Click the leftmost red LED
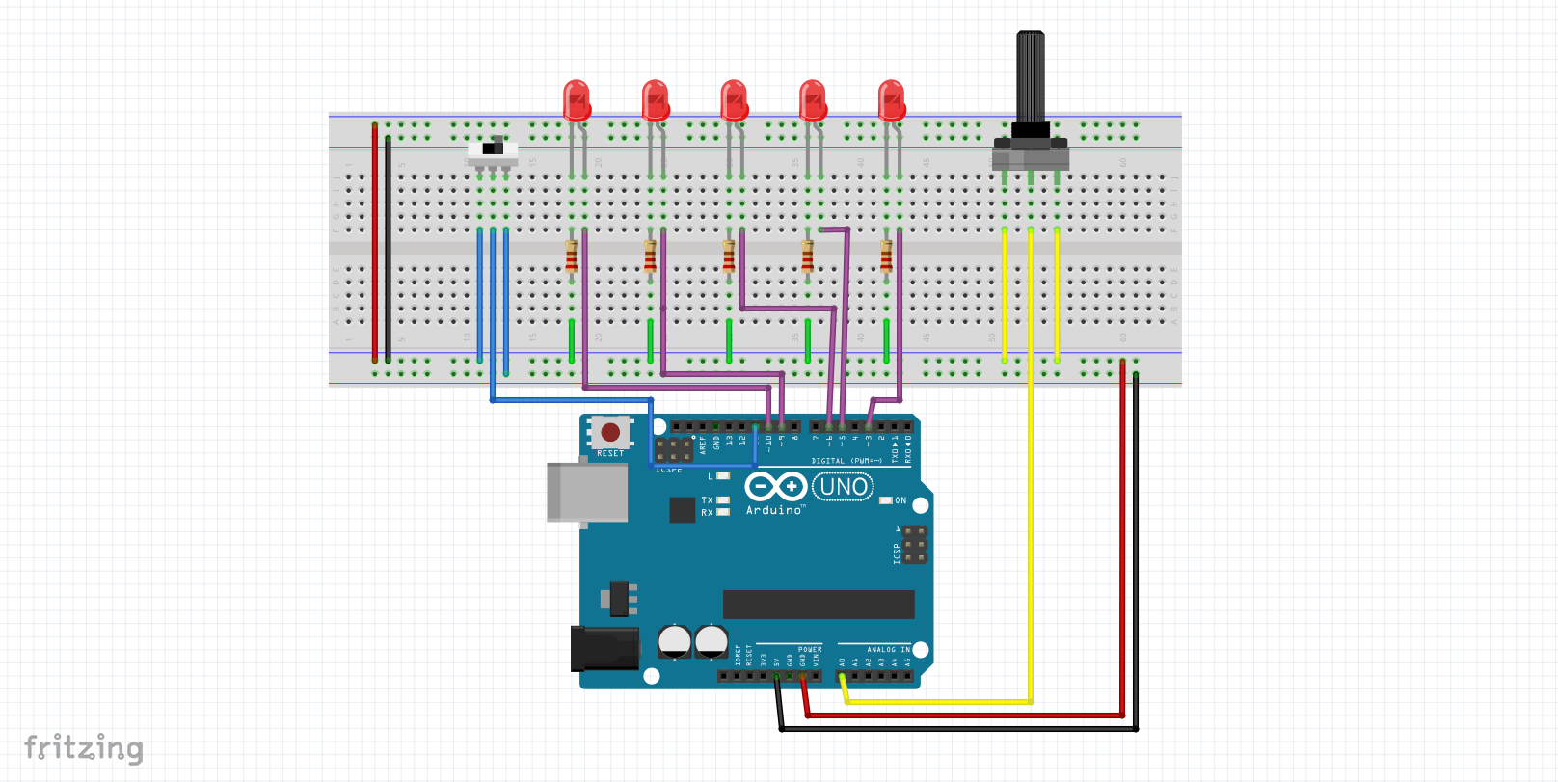[577, 100]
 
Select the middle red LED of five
[734, 100]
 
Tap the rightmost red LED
[892, 100]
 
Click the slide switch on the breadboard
[493, 151]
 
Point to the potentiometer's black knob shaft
[1030, 77]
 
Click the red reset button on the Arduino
[610, 433]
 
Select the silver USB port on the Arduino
[586, 492]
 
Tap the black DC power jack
[604, 648]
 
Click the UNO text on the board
[844, 487]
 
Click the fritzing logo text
[84, 748]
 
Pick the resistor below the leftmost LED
[572, 256]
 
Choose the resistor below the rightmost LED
[886, 256]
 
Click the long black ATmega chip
[819, 605]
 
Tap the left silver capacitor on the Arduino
[675, 641]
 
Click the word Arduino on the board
[774, 510]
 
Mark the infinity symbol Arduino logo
[775, 486]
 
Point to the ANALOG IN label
[887, 650]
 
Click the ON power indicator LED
[885, 500]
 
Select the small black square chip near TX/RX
[682, 509]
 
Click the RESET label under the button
[610, 453]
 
